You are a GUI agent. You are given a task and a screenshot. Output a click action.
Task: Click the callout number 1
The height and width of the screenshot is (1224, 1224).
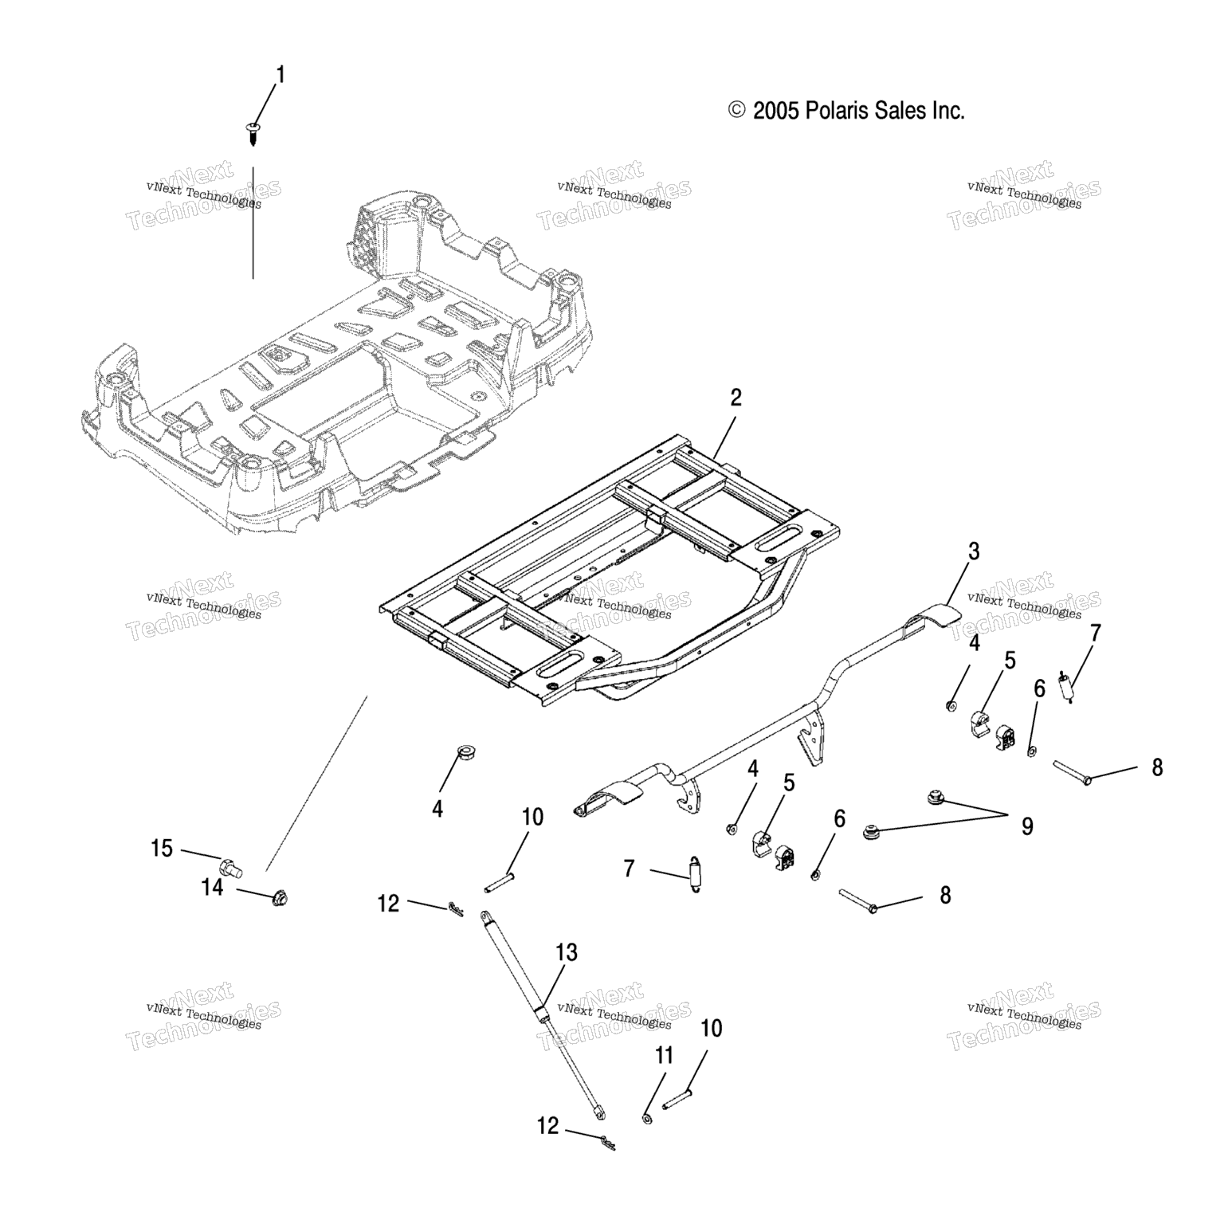click(x=280, y=75)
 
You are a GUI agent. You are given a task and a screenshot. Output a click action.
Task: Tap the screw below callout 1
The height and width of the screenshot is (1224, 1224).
click(x=253, y=132)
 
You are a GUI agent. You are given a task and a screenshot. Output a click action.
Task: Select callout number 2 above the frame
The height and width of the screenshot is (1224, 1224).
click(x=736, y=398)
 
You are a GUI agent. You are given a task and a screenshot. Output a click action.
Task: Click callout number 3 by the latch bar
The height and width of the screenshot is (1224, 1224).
click(x=973, y=551)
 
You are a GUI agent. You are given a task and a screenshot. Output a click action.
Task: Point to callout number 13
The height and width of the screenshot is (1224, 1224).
click(x=567, y=952)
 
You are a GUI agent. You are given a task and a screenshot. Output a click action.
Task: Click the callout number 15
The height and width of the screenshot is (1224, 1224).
click(x=162, y=849)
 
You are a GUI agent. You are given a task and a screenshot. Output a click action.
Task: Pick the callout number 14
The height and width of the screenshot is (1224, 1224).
click(x=213, y=887)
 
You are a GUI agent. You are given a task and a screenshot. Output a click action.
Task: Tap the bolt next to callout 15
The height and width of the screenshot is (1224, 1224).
click(x=230, y=866)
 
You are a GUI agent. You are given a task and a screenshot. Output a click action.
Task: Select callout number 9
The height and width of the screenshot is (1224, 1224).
click(x=1027, y=826)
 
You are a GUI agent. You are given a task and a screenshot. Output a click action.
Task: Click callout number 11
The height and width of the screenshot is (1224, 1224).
click(x=665, y=1056)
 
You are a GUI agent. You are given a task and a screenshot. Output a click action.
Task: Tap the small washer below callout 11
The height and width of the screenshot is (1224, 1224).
click(x=647, y=1120)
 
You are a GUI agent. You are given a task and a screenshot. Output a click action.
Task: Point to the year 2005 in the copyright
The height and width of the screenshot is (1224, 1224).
click(x=775, y=111)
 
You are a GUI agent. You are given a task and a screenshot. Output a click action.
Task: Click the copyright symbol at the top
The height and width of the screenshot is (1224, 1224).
click(x=737, y=111)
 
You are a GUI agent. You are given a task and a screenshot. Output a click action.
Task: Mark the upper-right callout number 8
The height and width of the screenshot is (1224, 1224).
click(x=1157, y=767)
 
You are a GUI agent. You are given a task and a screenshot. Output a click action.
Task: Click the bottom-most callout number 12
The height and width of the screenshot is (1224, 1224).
click(x=547, y=1126)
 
